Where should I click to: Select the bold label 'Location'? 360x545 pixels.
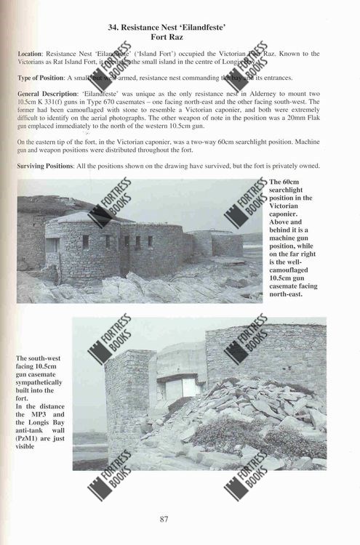[x=34, y=54]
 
